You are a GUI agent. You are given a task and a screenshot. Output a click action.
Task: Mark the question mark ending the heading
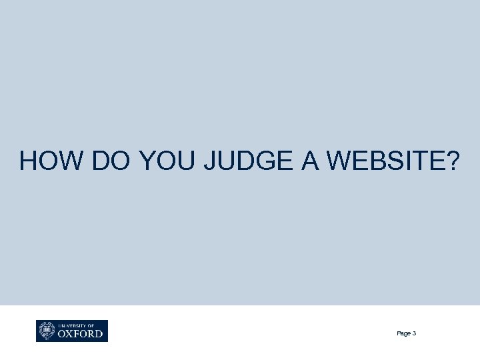coord(453,161)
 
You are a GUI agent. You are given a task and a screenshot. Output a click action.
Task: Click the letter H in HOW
coord(29,161)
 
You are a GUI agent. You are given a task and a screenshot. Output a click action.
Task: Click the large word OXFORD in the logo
coord(80,333)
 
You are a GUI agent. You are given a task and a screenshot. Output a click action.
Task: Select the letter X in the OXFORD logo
coord(69,333)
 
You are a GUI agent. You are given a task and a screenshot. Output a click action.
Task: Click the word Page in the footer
coord(403,333)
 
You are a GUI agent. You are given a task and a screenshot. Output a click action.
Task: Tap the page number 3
coord(415,333)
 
